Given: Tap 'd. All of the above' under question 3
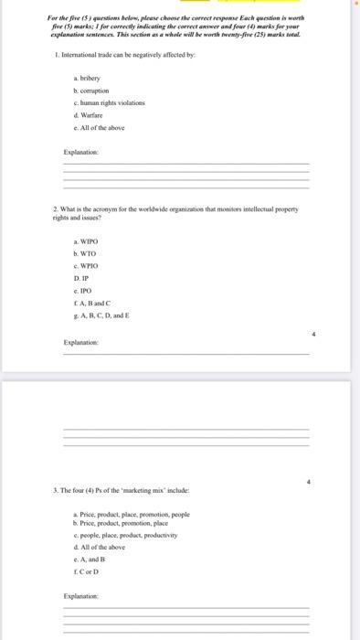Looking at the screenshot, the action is point(98,546).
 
